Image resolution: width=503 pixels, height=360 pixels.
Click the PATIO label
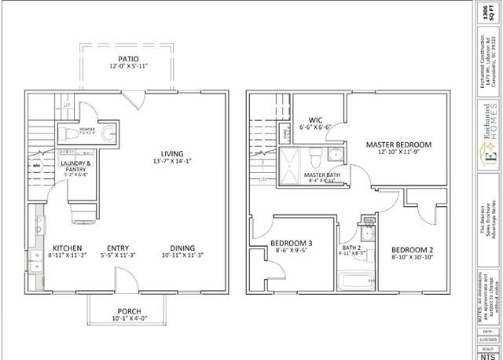tap(128, 59)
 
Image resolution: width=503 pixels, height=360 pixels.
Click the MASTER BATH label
tap(322, 174)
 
